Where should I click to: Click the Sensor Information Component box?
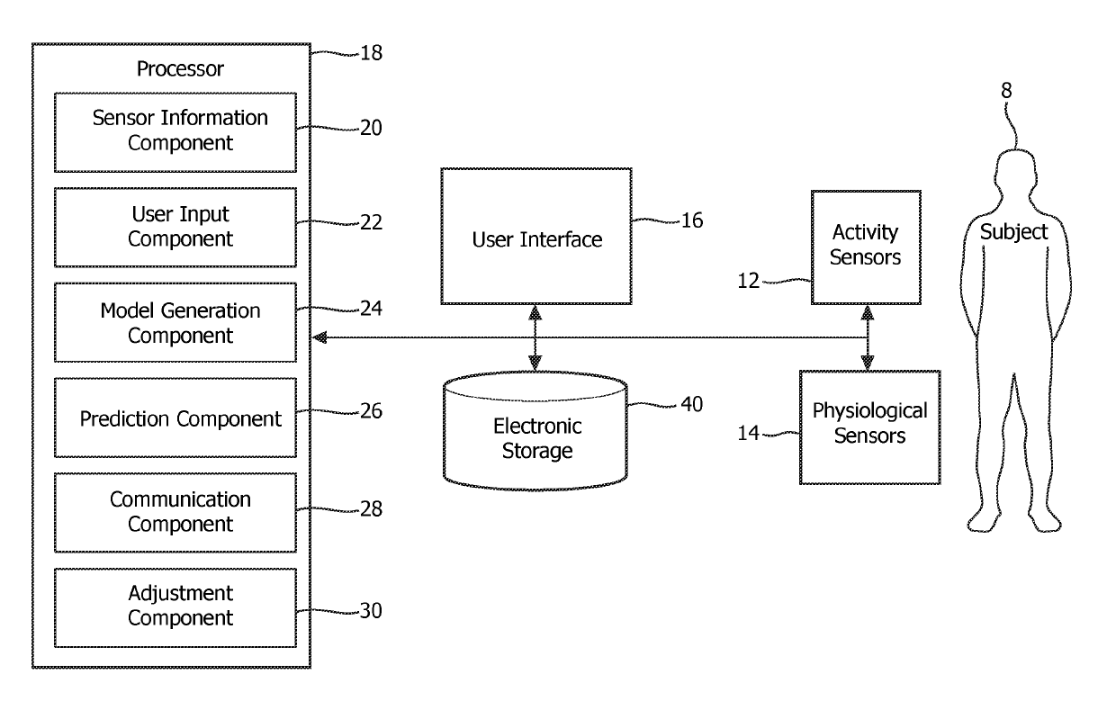tap(175, 132)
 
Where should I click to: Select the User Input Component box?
tap(175, 227)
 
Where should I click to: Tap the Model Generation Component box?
tap(175, 322)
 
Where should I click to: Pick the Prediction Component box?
tap(175, 418)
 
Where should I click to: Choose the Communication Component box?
tap(175, 513)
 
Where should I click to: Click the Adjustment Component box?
tap(175, 607)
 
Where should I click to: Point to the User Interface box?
tap(536, 236)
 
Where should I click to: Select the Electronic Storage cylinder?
tap(535, 431)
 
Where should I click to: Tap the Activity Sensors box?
tap(866, 247)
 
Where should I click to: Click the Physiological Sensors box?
tap(870, 427)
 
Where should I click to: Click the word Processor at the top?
tap(180, 68)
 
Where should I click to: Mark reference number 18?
tap(371, 53)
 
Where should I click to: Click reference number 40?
tap(691, 404)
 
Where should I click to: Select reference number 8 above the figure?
tap(1006, 91)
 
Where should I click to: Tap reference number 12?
tap(748, 281)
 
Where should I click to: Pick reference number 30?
tap(371, 611)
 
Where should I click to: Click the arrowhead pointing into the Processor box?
tap(319, 337)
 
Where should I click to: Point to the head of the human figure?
tap(1016, 173)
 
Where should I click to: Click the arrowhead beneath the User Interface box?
tap(535, 313)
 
